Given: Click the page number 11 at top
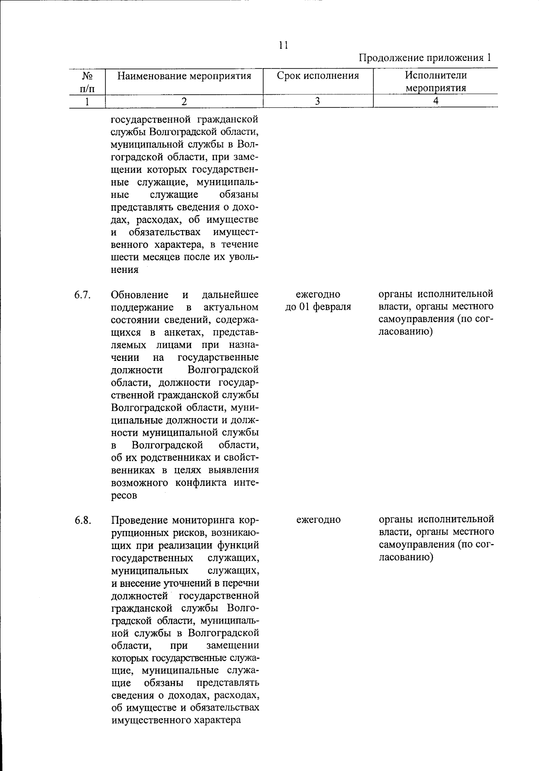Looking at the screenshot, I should click(x=283, y=45).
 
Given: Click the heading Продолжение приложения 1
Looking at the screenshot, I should click(x=425, y=58).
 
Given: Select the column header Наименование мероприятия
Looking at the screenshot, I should click(x=184, y=76).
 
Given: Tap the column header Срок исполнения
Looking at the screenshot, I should click(x=318, y=76).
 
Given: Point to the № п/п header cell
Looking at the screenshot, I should click(x=87, y=81).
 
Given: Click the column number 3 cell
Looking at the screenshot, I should click(x=317, y=101).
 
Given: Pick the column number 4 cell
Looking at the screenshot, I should click(x=436, y=101).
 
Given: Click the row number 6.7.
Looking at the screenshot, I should click(x=83, y=295).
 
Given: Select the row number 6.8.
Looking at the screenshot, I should click(x=83, y=520).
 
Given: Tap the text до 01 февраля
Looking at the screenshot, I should click(x=318, y=307).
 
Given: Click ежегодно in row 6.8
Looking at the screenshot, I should click(x=318, y=520).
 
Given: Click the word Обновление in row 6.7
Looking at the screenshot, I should click(x=140, y=295).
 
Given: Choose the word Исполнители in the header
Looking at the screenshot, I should click(x=436, y=75).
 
